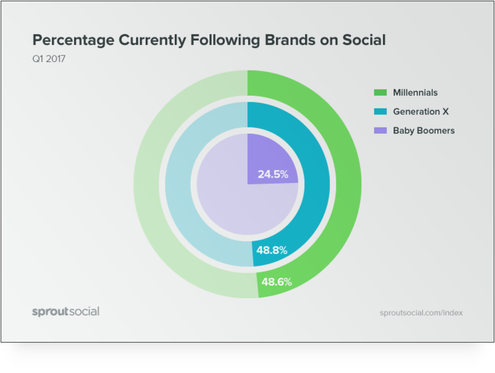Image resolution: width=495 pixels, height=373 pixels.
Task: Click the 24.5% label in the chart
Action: [272, 176]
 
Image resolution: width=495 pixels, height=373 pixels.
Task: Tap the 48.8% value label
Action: [271, 251]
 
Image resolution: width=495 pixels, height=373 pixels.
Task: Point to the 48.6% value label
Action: [277, 282]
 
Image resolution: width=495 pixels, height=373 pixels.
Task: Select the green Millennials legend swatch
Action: [379, 92]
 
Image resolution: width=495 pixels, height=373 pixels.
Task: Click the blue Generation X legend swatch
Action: [379, 112]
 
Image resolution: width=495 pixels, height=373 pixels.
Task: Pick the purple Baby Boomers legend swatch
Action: [379, 131]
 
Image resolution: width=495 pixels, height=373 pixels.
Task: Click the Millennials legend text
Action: [415, 92]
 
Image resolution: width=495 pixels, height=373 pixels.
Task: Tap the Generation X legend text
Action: [421, 112]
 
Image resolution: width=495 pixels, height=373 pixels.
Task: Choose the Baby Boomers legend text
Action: [424, 131]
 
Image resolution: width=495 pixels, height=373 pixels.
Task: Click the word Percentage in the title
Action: [73, 40]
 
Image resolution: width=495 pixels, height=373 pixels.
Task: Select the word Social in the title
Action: [364, 40]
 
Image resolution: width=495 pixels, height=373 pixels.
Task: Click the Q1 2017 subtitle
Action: [48, 59]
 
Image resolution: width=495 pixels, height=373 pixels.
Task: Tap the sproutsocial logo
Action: [65, 311]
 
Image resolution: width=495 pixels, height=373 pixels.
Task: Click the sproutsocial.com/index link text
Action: [421, 312]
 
